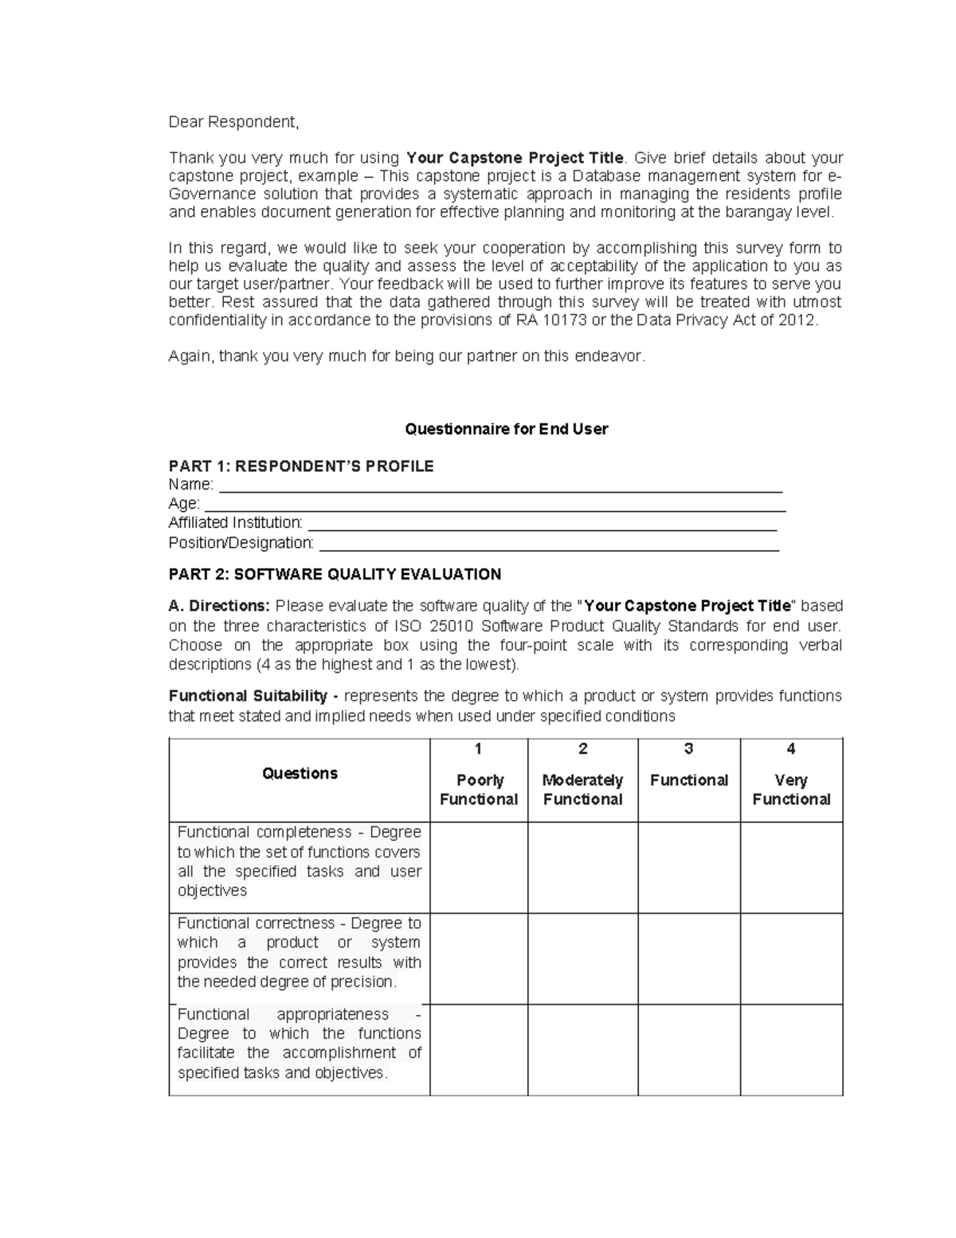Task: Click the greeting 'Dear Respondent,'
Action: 233,122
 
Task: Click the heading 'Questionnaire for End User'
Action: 506,429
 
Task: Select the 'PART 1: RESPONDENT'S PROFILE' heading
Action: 301,466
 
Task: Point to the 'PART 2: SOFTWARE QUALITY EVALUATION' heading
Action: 335,574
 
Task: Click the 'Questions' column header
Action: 300,773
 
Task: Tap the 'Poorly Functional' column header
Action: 479,789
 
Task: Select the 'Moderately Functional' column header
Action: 582,789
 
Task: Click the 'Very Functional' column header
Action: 791,789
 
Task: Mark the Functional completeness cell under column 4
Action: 791,867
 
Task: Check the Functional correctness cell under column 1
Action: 479,958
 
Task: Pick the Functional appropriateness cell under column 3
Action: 689,1049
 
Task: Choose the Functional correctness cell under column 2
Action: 582,958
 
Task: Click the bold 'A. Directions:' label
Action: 219,606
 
